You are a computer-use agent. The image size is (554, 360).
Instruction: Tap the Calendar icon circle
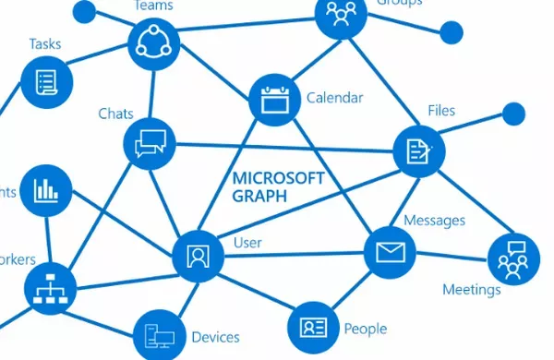[275, 99]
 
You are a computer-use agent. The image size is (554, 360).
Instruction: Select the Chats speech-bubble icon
[150, 144]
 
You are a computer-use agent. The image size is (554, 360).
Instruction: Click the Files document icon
[419, 150]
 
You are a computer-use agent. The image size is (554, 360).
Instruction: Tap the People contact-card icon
[314, 328]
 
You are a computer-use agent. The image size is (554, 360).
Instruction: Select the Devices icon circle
[159, 335]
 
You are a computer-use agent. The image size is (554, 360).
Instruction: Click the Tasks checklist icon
[46, 80]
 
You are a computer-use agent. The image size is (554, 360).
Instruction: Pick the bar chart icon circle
[45, 190]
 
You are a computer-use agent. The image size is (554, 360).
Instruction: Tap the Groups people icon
[341, 16]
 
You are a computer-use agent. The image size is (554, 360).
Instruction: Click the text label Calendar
[334, 98]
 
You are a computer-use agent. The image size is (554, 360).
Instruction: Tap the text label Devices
[215, 337]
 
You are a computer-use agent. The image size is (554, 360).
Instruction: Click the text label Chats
[116, 114]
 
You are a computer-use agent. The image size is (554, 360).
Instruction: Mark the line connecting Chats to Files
[286, 147]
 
